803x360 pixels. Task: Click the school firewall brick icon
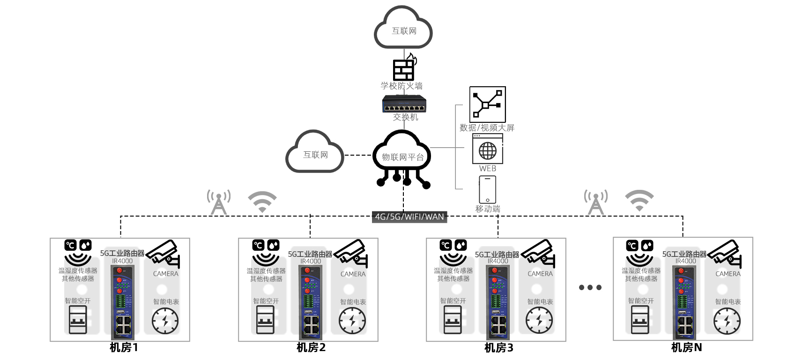click(x=404, y=69)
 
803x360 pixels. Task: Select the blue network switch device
click(x=405, y=104)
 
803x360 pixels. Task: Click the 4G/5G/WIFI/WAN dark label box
click(x=409, y=217)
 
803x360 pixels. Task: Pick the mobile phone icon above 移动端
click(x=487, y=189)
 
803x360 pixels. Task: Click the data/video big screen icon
click(x=487, y=104)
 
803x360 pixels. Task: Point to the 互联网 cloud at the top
click(x=403, y=29)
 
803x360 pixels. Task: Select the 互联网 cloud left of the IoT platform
click(x=315, y=153)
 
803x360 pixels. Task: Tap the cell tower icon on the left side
click(x=219, y=202)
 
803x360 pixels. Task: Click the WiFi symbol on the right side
click(x=639, y=201)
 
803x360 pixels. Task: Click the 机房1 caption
click(x=124, y=347)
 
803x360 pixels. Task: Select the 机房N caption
click(x=686, y=347)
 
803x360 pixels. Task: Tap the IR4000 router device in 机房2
click(x=310, y=302)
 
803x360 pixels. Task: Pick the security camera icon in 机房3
click(x=539, y=253)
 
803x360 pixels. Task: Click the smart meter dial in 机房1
click(x=165, y=321)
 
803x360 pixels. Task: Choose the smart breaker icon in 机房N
click(x=640, y=320)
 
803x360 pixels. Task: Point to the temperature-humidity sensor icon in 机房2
click(x=266, y=253)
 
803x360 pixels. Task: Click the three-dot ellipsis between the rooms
click(x=590, y=287)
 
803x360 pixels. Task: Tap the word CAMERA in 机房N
click(x=728, y=274)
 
